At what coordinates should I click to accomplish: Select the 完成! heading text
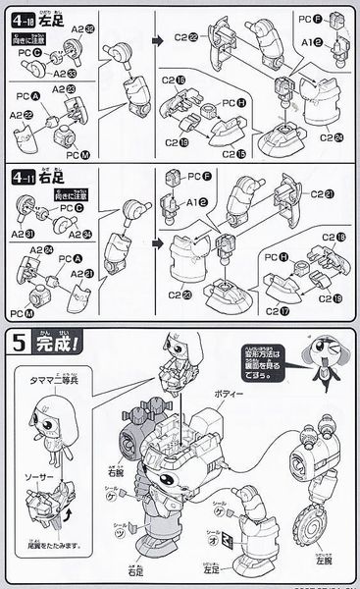tap(51, 345)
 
